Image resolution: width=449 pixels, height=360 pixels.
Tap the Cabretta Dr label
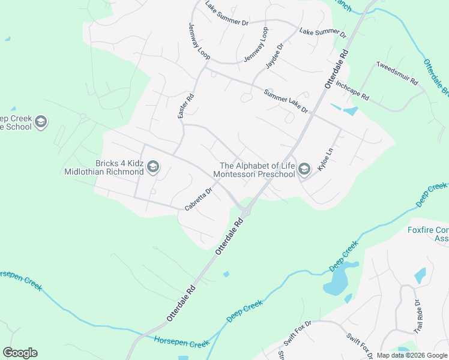[199, 200]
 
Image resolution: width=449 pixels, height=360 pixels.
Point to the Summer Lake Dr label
[286, 101]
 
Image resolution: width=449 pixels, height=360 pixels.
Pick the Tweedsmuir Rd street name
[396, 74]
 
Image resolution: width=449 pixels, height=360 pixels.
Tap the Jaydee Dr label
[274, 56]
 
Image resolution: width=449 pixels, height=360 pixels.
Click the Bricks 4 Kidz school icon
[153, 166]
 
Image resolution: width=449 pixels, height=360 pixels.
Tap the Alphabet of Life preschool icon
[304, 170]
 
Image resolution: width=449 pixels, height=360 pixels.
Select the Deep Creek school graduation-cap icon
[41, 122]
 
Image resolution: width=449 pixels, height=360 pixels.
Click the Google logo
[20, 353]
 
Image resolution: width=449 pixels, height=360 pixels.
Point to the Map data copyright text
[412, 355]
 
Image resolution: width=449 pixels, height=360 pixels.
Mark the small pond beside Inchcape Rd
[349, 111]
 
